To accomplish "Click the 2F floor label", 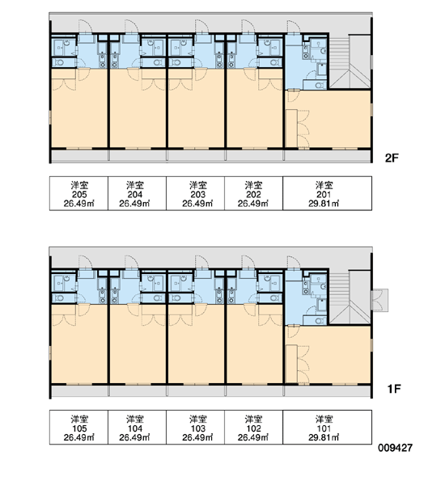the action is (x=392, y=158).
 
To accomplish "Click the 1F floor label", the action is (x=394, y=389).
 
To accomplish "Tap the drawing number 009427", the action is (x=395, y=448).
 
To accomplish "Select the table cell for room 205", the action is (x=78, y=194).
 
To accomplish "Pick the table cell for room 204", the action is (x=138, y=194).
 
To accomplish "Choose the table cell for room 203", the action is (x=196, y=194).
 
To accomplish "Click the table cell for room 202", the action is (x=253, y=194).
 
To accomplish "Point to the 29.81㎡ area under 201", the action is (x=324, y=204).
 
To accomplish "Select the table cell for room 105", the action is (x=78, y=428).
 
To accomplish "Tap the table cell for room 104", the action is (x=138, y=428).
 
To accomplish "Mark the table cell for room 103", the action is (x=196, y=428).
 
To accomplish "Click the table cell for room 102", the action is (x=253, y=428).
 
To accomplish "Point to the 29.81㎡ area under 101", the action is (x=324, y=437).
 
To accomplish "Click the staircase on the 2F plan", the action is (x=350, y=62).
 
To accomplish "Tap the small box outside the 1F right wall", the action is (x=379, y=300).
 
